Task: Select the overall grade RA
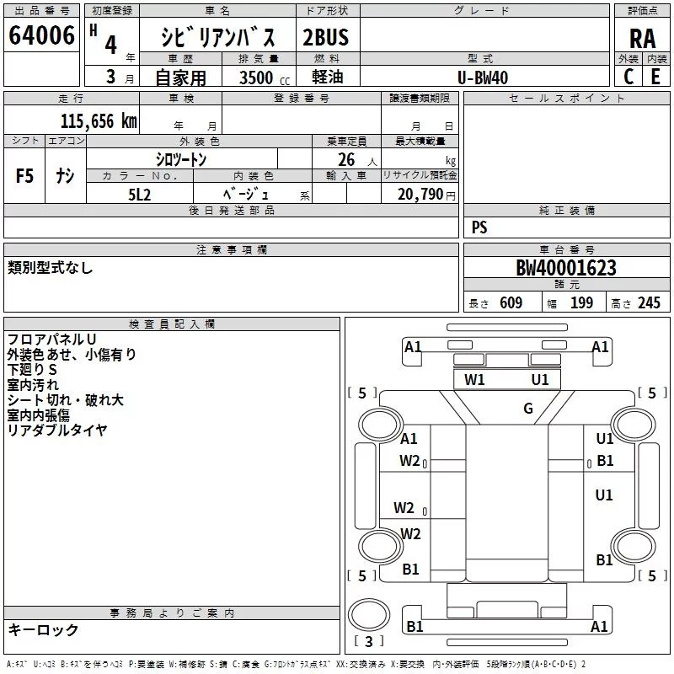click(x=642, y=39)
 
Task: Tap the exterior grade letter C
click(x=628, y=77)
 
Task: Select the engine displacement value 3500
click(x=256, y=78)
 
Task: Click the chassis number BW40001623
click(x=565, y=268)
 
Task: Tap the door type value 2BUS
click(x=325, y=36)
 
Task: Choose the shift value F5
click(x=24, y=176)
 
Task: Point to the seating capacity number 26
click(x=345, y=159)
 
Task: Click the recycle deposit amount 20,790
click(x=420, y=194)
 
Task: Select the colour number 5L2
click(x=140, y=194)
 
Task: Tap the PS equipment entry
click(x=479, y=227)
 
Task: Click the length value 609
click(x=511, y=303)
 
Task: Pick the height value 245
click(x=649, y=303)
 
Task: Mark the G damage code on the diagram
click(x=528, y=409)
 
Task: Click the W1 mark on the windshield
click(x=475, y=380)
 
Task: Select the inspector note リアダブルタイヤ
click(x=57, y=431)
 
